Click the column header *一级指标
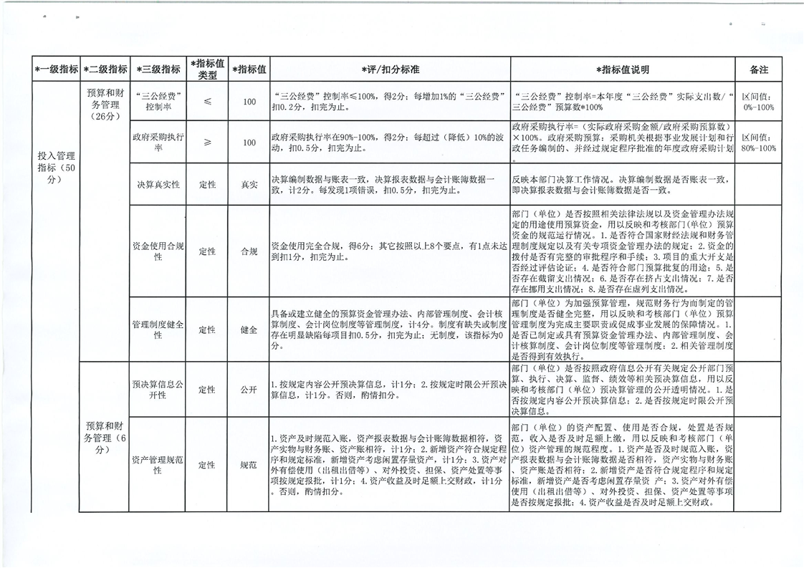(57, 69)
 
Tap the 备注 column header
(758, 69)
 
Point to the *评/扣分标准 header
(390, 69)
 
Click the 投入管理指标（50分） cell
(57, 167)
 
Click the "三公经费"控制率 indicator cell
(158, 101)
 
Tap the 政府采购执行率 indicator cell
(158, 142)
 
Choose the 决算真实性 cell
(158, 184)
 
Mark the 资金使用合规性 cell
(158, 251)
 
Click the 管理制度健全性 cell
(158, 329)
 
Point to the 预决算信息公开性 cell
(158, 390)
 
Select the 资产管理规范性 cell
(158, 465)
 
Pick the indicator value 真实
(249, 184)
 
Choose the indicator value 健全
(249, 329)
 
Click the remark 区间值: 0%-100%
(758, 101)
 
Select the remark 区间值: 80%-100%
(758, 142)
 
